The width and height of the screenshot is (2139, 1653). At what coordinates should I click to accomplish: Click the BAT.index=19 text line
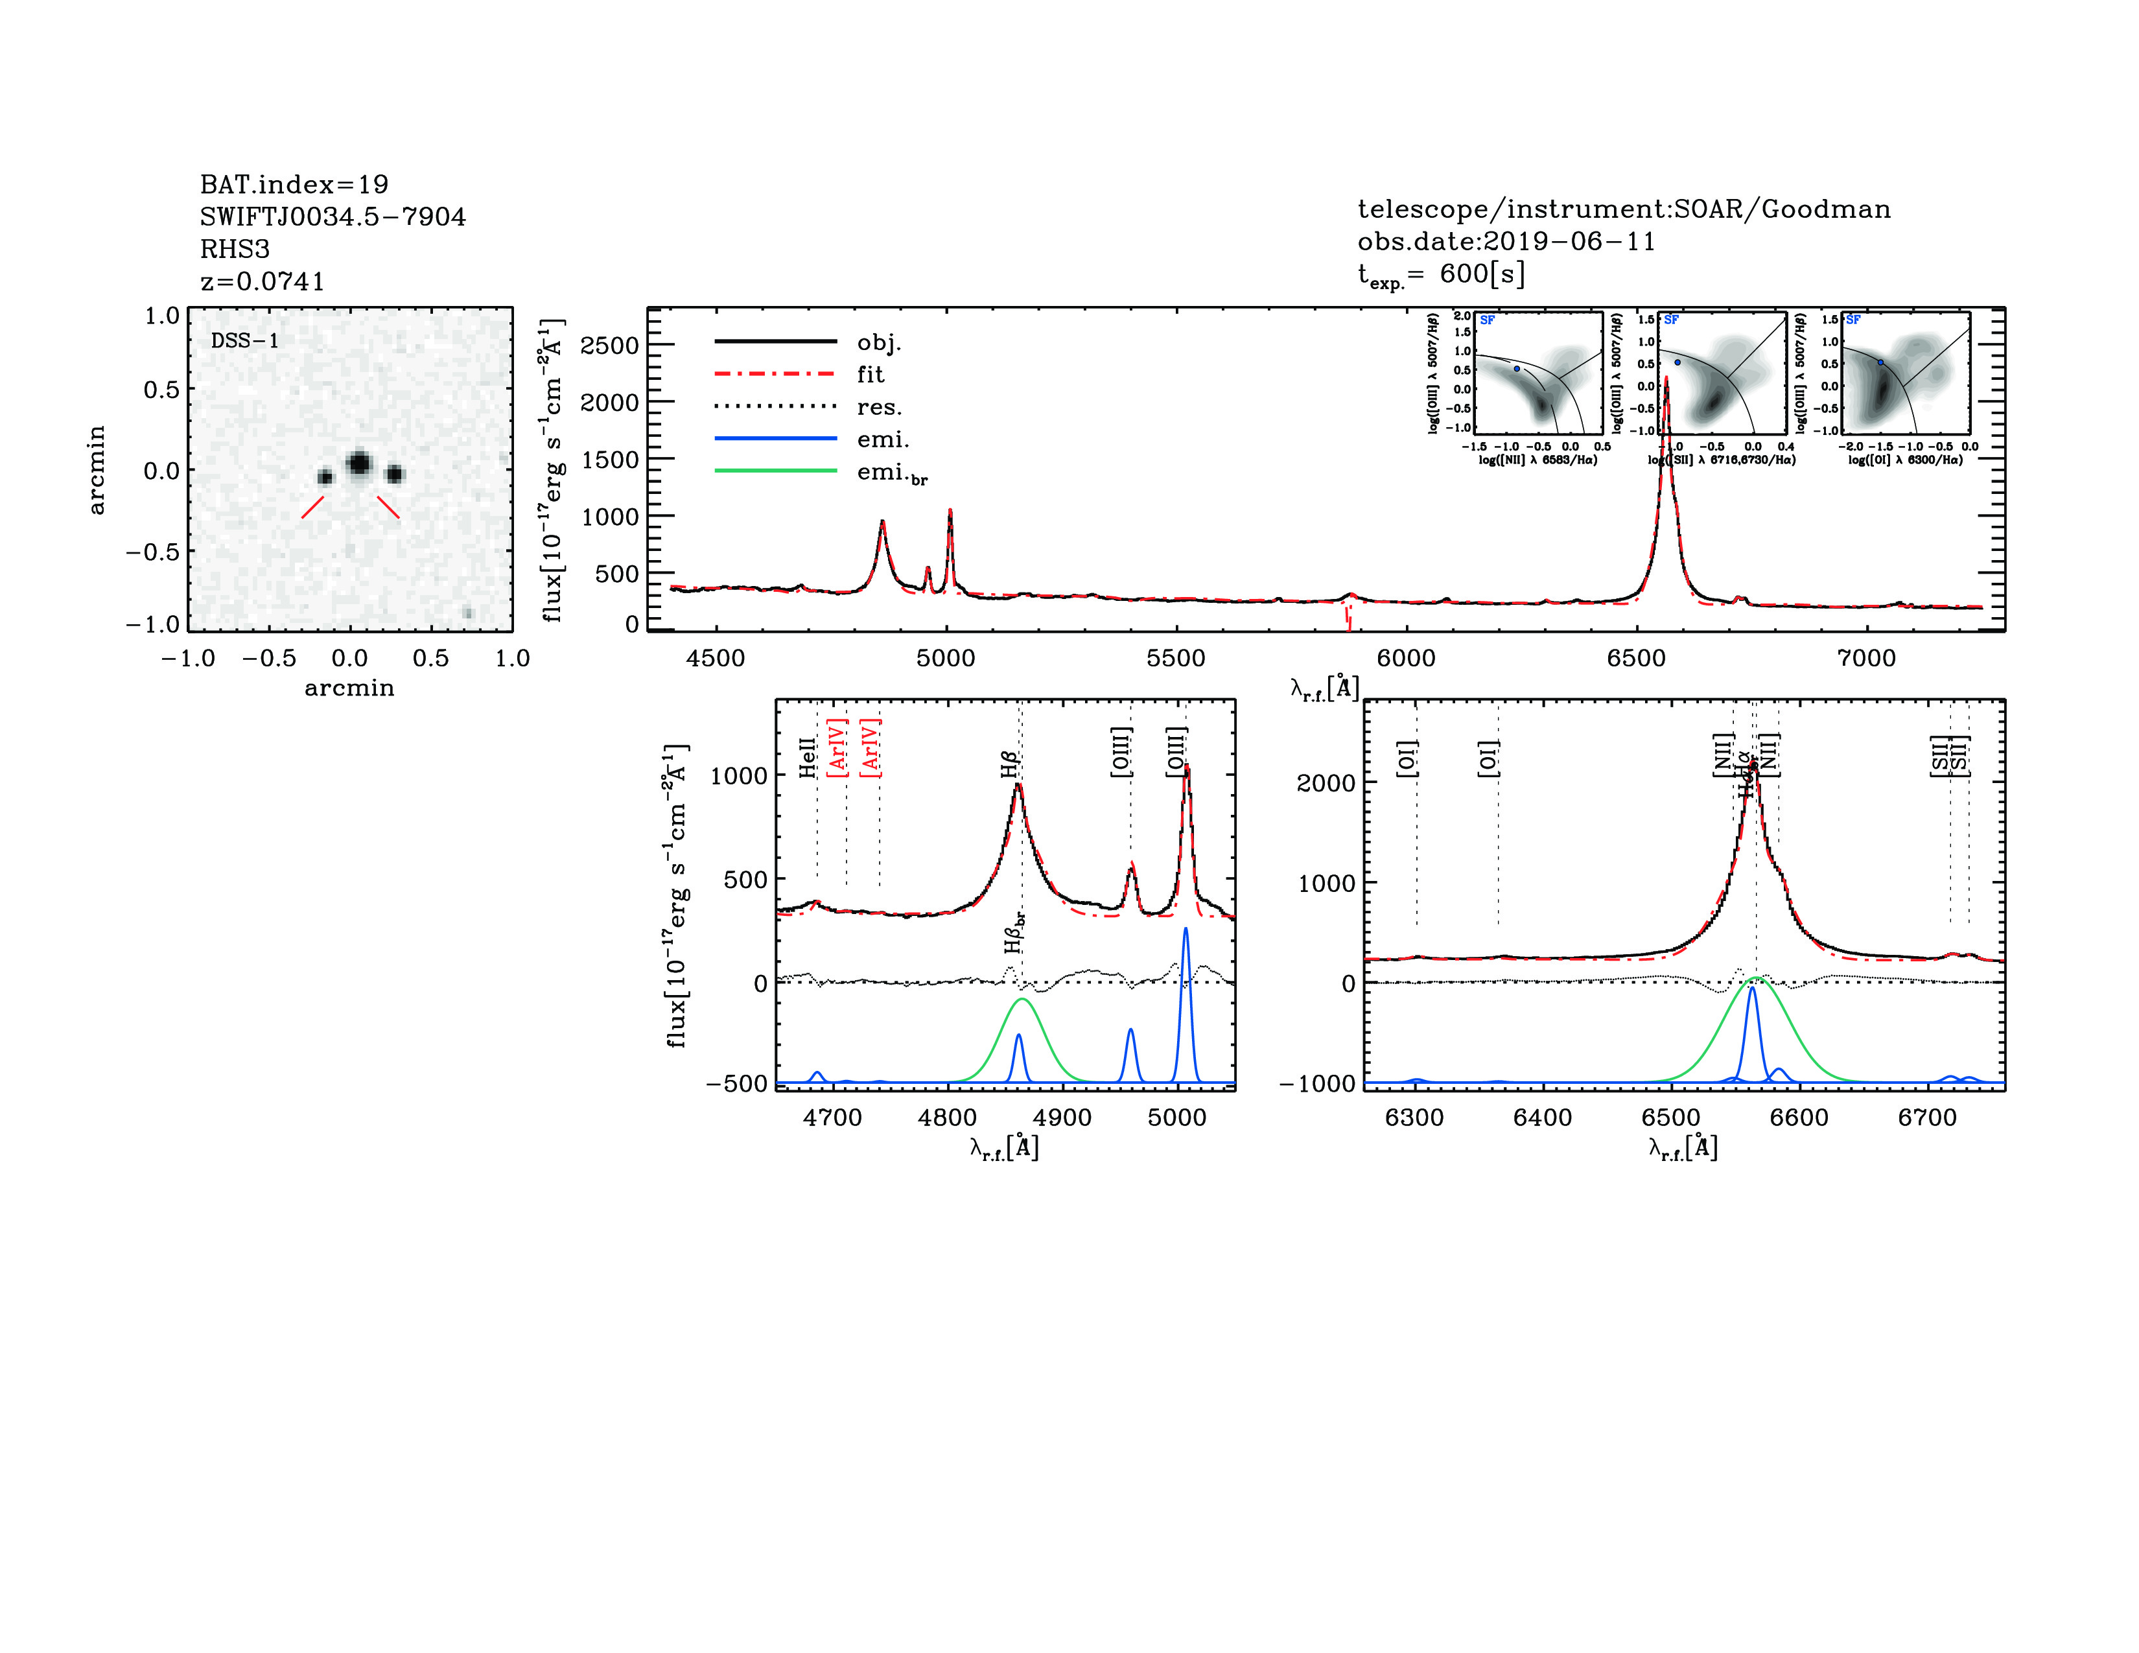tap(294, 184)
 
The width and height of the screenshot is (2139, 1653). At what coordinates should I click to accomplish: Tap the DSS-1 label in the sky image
tap(245, 341)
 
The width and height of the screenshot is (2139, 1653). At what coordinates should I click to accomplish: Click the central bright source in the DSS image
tap(358, 462)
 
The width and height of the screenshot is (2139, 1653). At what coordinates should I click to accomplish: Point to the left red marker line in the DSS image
tap(312, 506)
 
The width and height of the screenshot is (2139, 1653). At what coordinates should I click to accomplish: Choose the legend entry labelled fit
tap(870, 374)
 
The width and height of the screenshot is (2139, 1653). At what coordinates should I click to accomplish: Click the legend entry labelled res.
tap(878, 407)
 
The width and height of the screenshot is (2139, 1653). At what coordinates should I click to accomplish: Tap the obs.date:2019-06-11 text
tap(1505, 241)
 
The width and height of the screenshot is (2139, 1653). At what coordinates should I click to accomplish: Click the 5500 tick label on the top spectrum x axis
tap(1175, 658)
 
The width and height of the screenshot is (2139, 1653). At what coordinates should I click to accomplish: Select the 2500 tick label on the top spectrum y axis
tap(609, 346)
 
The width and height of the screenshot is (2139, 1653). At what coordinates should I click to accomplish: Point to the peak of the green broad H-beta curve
tap(1023, 1000)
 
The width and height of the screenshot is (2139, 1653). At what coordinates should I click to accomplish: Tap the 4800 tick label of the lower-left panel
tap(947, 1118)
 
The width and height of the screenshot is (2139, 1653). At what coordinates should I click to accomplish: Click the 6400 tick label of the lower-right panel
tap(1543, 1118)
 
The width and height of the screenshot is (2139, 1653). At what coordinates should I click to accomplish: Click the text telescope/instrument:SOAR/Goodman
tap(1623, 209)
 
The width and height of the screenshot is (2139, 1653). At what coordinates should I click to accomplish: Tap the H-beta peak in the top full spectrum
tap(882, 522)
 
